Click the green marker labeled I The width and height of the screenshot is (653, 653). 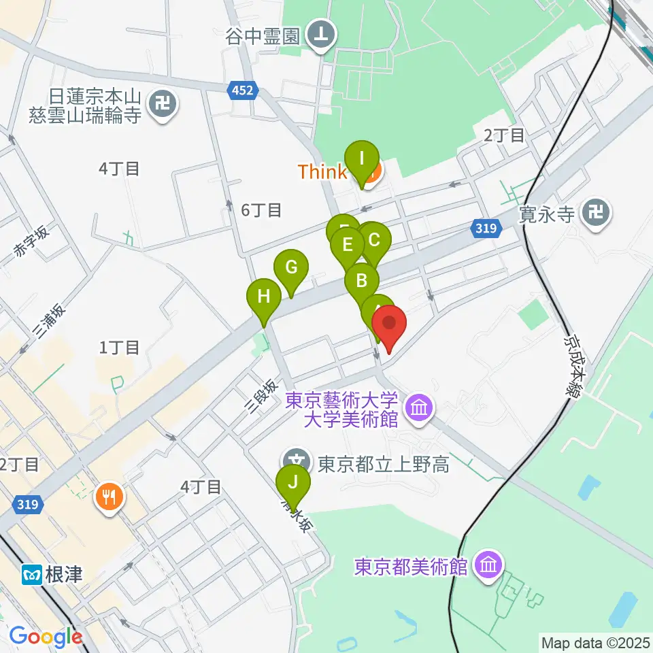coord(361,161)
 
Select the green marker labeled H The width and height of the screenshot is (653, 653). coord(264,297)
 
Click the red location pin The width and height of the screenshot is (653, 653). coord(389,324)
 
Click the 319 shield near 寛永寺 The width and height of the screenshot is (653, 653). coord(486,229)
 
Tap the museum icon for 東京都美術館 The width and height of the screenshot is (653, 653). coord(488,565)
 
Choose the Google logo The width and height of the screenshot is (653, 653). coord(46,637)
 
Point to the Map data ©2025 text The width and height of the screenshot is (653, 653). coord(595,641)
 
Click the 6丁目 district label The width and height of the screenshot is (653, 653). coord(261,210)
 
